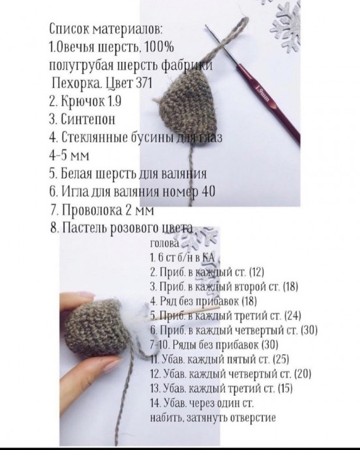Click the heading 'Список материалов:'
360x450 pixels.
106,29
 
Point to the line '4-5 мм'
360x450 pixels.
69,155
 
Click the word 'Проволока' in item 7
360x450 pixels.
92,210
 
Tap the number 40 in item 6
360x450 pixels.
209,192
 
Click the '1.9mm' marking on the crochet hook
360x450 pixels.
262,93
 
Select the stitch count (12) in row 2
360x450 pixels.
257,271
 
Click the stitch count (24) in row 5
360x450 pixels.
293,315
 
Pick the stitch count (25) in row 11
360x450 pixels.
281,359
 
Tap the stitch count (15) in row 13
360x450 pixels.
285,388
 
